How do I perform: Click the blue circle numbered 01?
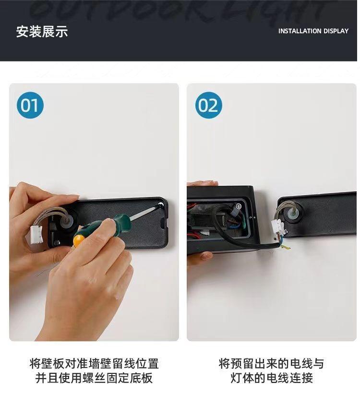click(x=30, y=105)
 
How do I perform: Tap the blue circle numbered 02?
click(x=208, y=105)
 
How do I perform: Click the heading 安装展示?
click(x=42, y=32)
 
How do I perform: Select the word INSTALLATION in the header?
click(x=300, y=31)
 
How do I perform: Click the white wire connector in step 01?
click(x=36, y=234)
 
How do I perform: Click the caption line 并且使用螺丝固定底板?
click(x=94, y=378)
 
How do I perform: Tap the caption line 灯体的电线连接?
click(x=272, y=378)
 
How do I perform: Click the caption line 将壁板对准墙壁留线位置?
click(x=94, y=364)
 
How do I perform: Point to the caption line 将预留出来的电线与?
click(x=272, y=364)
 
